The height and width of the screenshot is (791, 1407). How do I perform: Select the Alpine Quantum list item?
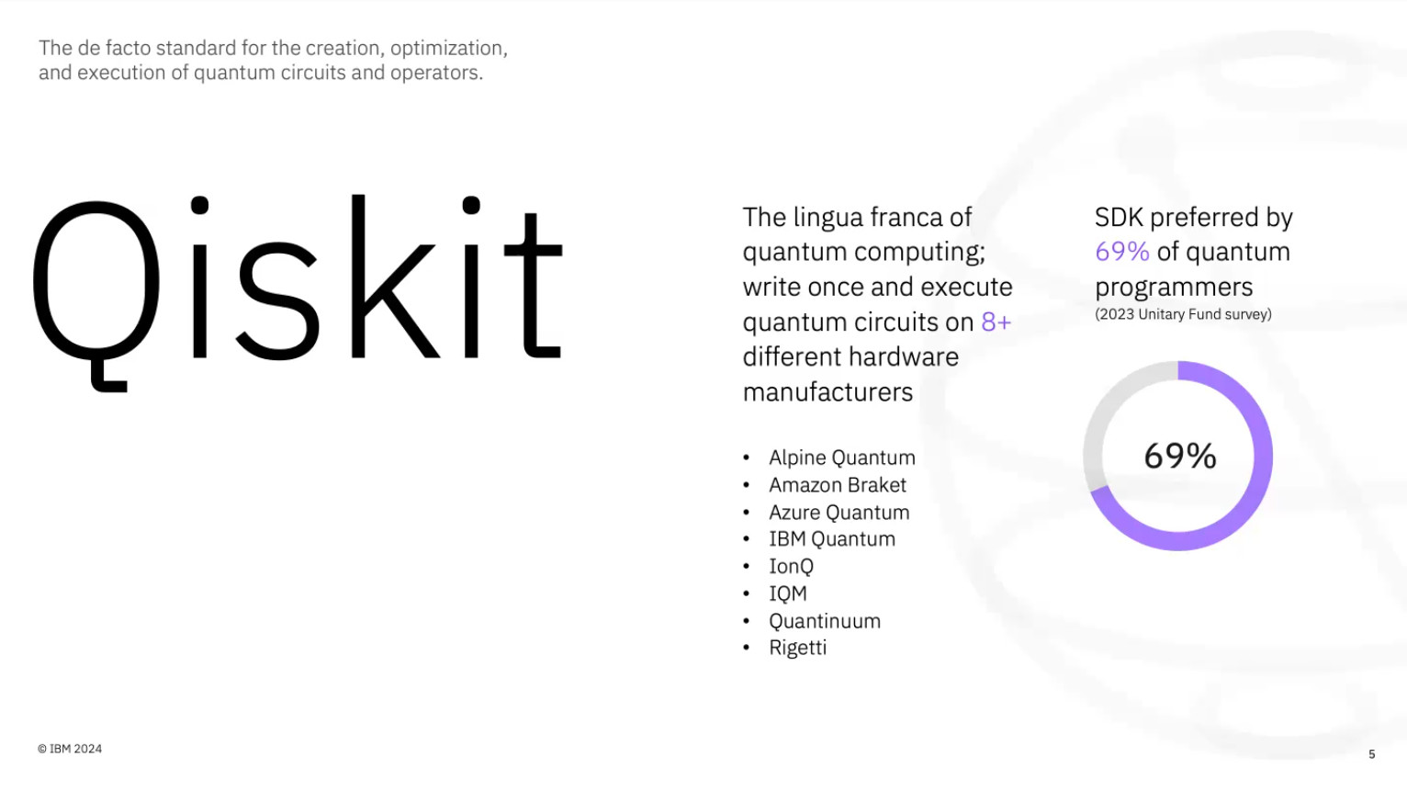(x=841, y=458)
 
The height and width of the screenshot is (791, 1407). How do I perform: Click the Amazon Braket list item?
(x=838, y=485)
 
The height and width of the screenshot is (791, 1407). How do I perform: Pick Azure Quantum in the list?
(x=839, y=512)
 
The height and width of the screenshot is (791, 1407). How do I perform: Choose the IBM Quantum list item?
(x=832, y=539)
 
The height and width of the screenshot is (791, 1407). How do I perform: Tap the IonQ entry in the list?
(x=791, y=566)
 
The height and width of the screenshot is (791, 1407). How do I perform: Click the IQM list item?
(x=788, y=593)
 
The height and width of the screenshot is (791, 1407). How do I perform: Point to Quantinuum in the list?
(x=824, y=621)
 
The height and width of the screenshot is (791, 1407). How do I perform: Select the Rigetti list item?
(x=797, y=648)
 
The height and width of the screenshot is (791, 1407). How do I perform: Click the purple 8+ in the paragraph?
(x=996, y=322)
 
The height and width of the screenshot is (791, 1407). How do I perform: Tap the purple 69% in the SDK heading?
(x=1121, y=252)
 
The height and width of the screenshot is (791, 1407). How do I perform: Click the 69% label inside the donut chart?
(x=1179, y=456)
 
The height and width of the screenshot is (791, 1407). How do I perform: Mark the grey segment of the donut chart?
(x=1104, y=414)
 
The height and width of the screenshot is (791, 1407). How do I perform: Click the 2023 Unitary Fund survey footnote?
(x=1183, y=314)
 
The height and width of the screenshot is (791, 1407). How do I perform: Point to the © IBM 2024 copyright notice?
(x=69, y=749)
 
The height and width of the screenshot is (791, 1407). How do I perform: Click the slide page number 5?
(x=1372, y=754)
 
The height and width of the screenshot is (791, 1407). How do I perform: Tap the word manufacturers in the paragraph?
(x=827, y=392)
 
